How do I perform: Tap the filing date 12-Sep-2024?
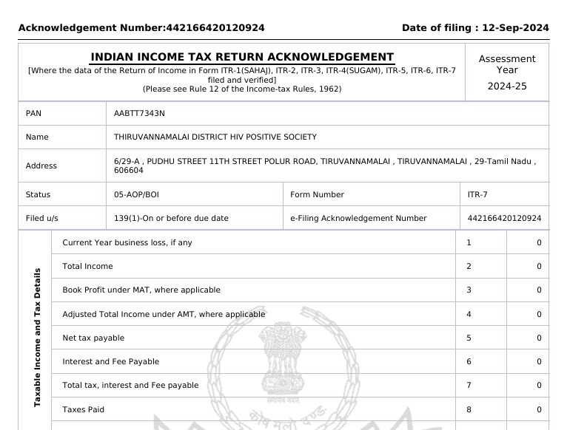pos(515,28)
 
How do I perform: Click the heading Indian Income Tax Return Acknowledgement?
pos(242,57)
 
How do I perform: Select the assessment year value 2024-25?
pos(507,86)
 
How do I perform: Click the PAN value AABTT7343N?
pos(140,113)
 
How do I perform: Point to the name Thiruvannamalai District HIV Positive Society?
pos(215,137)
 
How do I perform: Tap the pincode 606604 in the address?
pos(129,170)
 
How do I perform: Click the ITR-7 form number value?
pos(477,194)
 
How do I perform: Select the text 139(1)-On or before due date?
pos(171,218)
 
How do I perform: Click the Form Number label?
pos(317,194)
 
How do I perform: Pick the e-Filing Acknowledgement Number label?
pos(358,218)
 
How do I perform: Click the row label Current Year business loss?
pos(127,242)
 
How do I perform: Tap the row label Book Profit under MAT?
pos(141,290)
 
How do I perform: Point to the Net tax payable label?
pos(93,338)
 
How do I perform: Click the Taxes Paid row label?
pos(83,409)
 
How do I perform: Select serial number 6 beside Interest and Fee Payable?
pos(469,361)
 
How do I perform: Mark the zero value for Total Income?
pos(539,266)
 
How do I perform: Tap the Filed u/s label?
pos(41,218)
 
